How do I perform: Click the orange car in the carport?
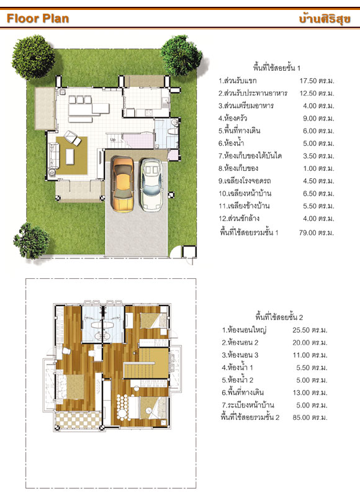(123, 184)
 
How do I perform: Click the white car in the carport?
(152, 184)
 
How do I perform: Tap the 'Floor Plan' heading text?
(38, 19)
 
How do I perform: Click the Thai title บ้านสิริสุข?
(325, 18)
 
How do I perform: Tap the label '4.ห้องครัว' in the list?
(233, 119)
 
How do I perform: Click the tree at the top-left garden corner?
(33, 57)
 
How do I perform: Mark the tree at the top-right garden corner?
(181, 55)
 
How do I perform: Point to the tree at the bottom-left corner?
(31, 240)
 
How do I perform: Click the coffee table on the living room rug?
(70, 157)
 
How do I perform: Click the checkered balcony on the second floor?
(79, 420)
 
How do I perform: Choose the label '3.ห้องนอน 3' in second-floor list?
(240, 355)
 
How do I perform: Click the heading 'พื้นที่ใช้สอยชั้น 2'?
(279, 317)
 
